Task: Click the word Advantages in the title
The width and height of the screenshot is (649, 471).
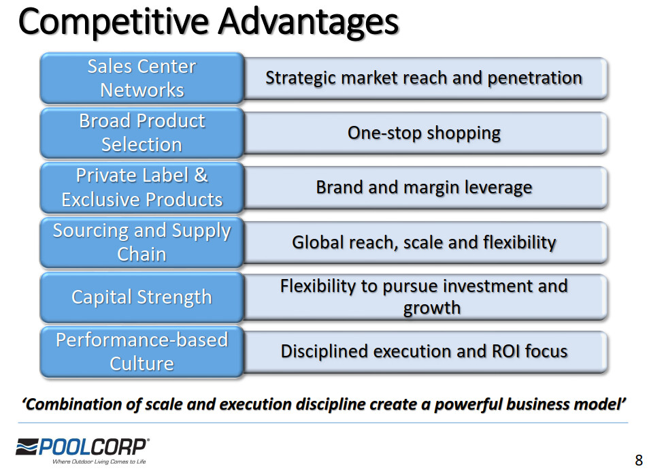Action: point(308,22)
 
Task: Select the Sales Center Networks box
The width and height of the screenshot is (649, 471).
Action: point(142,78)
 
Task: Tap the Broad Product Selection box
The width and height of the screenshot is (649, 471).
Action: point(142,133)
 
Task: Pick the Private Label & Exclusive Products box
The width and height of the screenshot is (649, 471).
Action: point(142,187)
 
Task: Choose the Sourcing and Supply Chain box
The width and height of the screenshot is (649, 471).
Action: point(142,242)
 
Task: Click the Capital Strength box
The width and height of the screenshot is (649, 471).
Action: point(142,297)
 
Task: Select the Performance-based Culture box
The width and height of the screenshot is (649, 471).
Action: point(142,352)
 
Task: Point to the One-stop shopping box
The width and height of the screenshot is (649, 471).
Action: point(425,133)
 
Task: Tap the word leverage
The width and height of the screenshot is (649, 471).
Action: point(499,188)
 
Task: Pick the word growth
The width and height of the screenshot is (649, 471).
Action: point(432,308)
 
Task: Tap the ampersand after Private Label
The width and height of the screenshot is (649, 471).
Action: point(201,175)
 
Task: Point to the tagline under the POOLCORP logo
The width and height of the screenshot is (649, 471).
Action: point(99,461)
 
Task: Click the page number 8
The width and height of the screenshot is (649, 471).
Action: point(639,460)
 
